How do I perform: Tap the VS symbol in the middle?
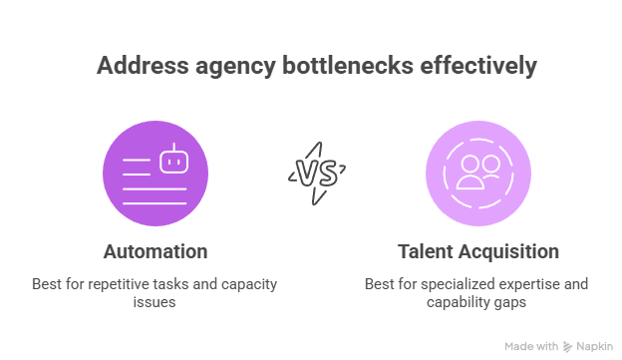click(313, 173)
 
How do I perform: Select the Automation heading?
click(155, 250)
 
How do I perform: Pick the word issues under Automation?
click(155, 301)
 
